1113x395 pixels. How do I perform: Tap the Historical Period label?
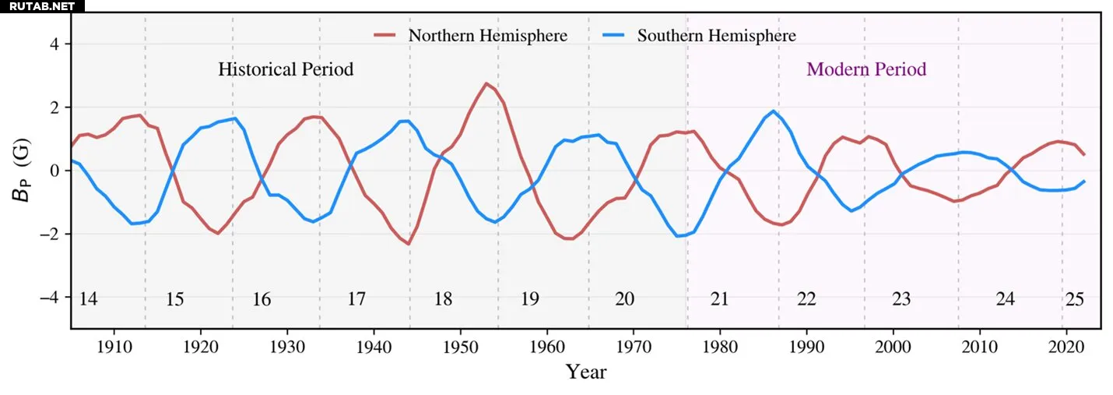[286, 69]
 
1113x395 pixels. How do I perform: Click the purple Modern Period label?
[866, 69]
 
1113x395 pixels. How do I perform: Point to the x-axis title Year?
[585, 372]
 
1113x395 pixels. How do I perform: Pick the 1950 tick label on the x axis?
[461, 344]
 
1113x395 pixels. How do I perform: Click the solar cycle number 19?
[529, 299]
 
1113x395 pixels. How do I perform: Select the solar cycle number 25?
[1075, 299]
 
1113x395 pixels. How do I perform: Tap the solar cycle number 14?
[89, 299]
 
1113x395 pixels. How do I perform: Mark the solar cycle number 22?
[806, 299]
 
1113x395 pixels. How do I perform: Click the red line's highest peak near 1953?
[486, 83]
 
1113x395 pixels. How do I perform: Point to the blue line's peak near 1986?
[773, 111]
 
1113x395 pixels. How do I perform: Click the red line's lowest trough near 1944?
[409, 244]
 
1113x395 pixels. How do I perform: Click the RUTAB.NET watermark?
[42, 6]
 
